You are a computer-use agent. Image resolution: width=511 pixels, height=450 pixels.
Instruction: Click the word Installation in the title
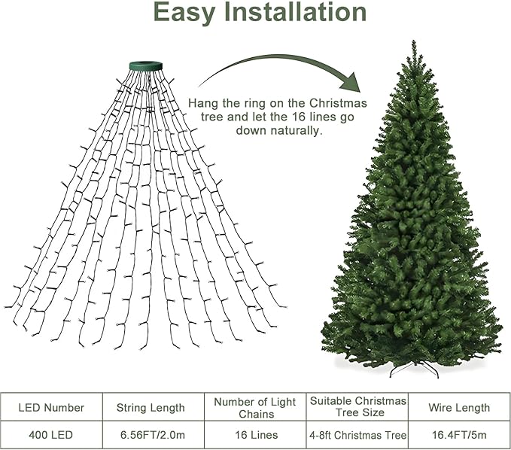[295, 13]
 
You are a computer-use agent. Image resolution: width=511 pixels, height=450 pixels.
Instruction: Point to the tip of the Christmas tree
[413, 44]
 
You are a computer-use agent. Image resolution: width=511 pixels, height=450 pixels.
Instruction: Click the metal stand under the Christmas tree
[412, 369]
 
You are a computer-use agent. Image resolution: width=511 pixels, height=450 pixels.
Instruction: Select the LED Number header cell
[51, 407]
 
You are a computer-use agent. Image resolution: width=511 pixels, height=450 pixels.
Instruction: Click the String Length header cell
[151, 407]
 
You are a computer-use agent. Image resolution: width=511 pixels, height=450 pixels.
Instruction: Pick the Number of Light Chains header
[254, 407]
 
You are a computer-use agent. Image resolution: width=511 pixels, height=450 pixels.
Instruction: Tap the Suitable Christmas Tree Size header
[357, 406]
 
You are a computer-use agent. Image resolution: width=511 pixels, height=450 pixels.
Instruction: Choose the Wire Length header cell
[459, 407]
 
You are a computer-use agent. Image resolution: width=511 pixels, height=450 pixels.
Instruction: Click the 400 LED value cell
[51, 435]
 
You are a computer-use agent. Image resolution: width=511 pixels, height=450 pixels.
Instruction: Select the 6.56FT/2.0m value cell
[151, 435]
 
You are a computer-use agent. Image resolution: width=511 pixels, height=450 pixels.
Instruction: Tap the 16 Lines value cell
[254, 435]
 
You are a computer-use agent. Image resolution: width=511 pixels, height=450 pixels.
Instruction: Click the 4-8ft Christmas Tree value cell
[357, 435]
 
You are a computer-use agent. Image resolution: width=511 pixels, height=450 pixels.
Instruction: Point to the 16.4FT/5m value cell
[459, 435]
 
